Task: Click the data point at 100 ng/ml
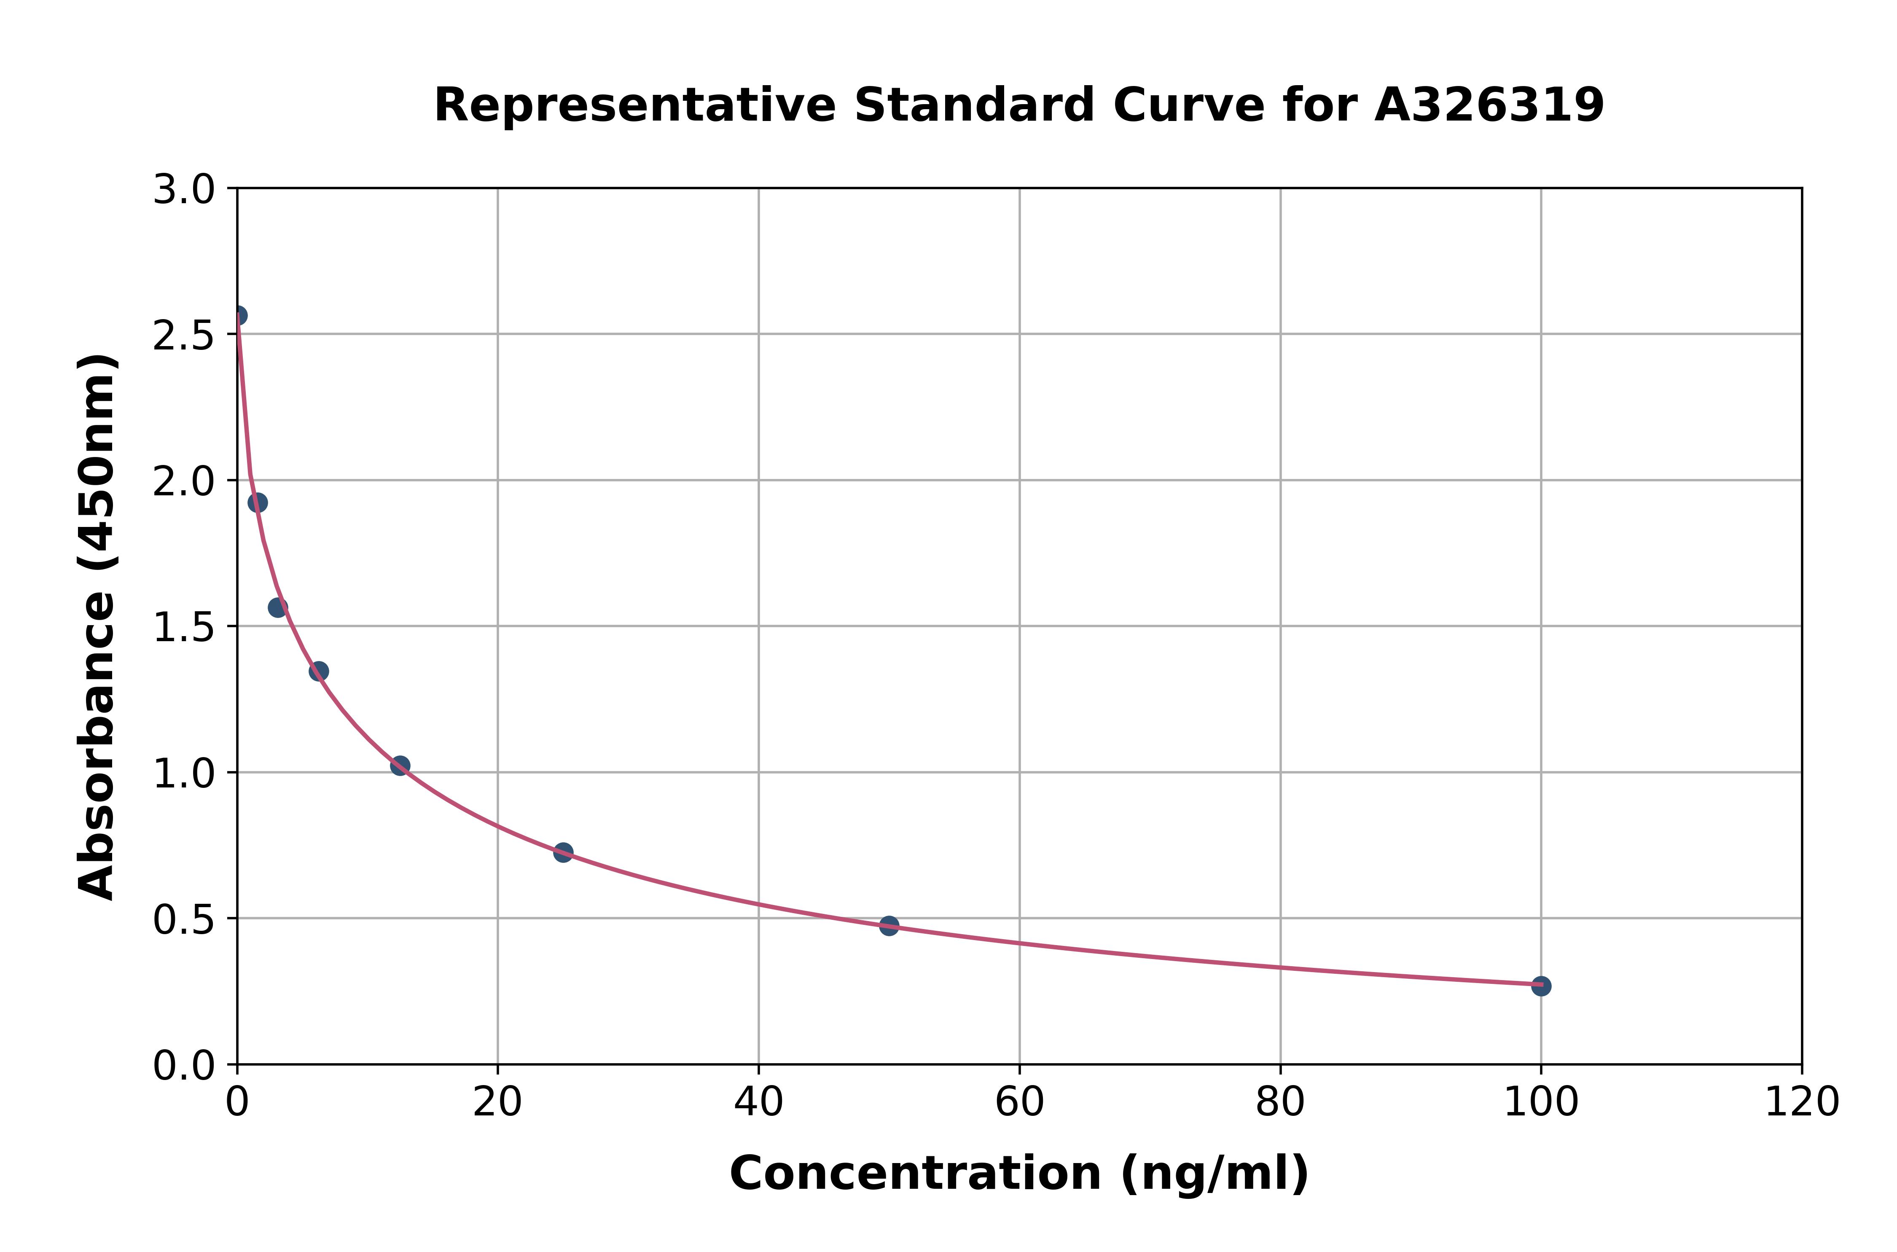(1541, 986)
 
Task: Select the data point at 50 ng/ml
(889, 925)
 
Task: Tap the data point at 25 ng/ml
(563, 852)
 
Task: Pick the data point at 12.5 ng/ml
(400, 765)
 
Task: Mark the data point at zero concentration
(238, 315)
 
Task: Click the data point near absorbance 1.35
(319, 671)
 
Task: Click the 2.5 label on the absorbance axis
(184, 336)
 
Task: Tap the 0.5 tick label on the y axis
(184, 920)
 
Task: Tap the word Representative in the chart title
(635, 105)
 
